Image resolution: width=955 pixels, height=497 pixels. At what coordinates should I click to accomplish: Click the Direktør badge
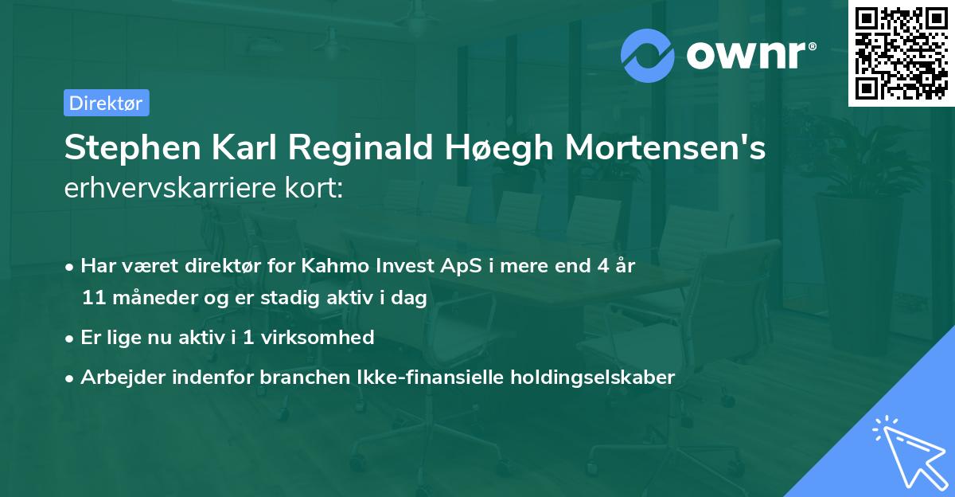pos(106,103)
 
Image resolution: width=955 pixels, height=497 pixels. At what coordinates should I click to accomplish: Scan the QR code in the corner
pos(902,53)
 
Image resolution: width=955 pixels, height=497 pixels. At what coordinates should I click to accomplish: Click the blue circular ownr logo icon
pos(648,56)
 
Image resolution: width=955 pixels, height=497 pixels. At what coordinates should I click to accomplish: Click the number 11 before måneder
pos(92,299)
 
